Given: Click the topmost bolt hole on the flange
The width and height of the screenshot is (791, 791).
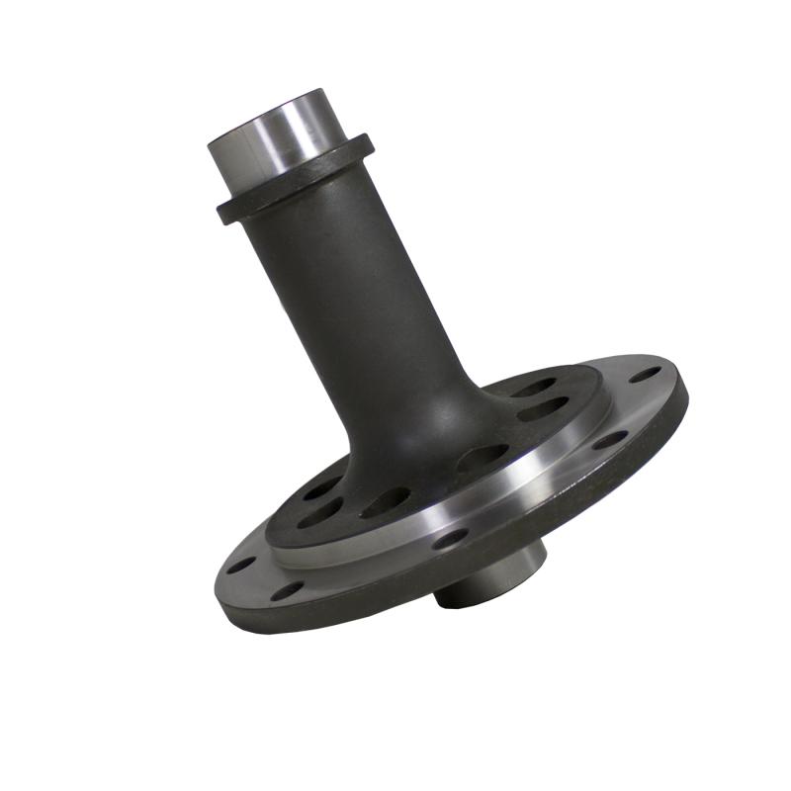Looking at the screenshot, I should [x=645, y=375].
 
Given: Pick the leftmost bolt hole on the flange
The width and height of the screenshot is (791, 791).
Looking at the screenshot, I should [x=241, y=567].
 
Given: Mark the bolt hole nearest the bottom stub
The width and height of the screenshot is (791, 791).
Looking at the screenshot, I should [x=450, y=539].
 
